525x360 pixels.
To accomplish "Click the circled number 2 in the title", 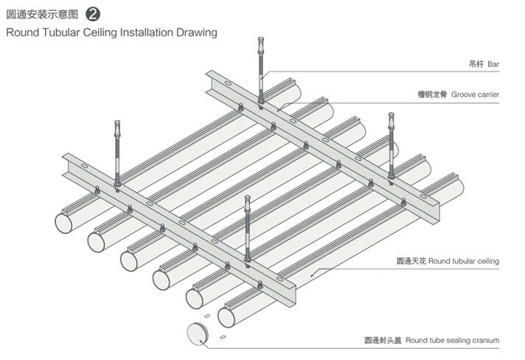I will (94, 14).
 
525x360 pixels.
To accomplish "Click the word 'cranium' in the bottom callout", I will (484, 340).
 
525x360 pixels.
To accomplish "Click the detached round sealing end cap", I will (197, 333).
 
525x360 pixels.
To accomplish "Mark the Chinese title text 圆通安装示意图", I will (42, 14).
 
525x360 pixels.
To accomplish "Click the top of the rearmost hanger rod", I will (261, 41).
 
